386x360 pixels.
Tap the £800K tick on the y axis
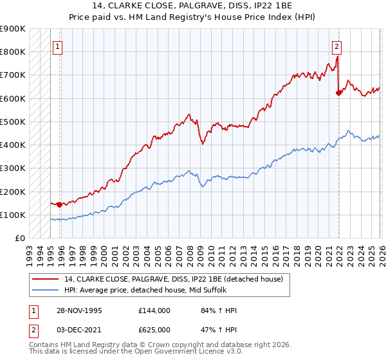click(14, 51)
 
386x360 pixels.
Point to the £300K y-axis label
click(14, 168)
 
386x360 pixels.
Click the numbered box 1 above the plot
click(58, 46)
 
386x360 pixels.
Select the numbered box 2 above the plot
click(336, 46)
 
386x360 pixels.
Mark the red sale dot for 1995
click(59, 204)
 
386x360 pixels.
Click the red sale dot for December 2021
click(338, 93)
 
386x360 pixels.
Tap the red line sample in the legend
click(46, 278)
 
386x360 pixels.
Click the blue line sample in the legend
click(46, 289)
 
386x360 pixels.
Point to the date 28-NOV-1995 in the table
click(80, 310)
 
